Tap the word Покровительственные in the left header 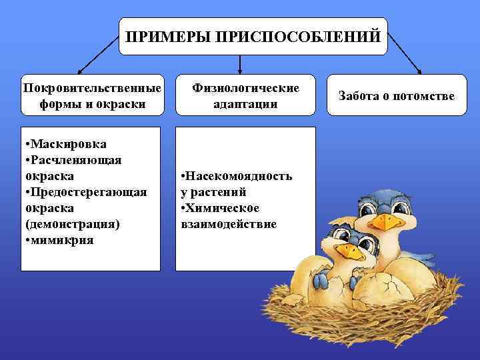pyautogui.click(x=91, y=88)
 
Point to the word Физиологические pyautogui.click(x=246, y=88)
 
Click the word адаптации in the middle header pyautogui.click(x=246, y=105)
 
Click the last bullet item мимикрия pyautogui.click(x=61, y=240)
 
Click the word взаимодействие pyautogui.click(x=228, y=224)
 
